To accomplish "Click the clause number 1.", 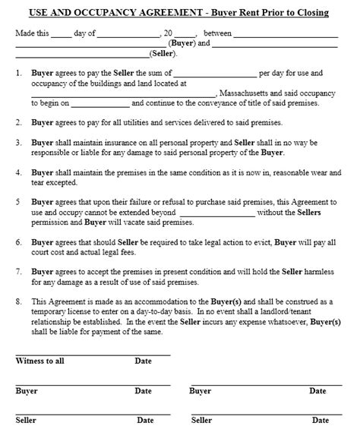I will [x=18, y=74].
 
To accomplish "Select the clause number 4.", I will [x=18, y=173].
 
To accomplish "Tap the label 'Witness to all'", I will [x=40, y=361].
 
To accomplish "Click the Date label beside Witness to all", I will [x=144, y=361].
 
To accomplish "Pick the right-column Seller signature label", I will [x=201, y=420].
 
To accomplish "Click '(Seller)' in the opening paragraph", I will [x=163, y=55].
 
